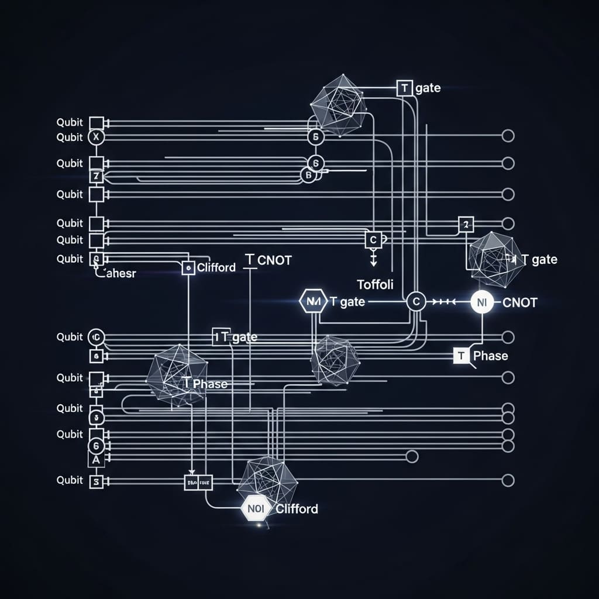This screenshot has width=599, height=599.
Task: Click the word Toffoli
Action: click(x=375, y=284)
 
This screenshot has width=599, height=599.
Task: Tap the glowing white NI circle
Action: click(x=482, y=302)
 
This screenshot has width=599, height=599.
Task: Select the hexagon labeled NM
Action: click(x=310, y=302)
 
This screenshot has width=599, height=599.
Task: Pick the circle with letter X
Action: click(x=96, y=137)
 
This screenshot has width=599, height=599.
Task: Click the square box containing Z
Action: click(x=96, y=176)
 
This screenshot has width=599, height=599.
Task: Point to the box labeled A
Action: click(x=96, y=460)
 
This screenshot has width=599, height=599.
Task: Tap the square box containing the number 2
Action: click(x=466, y=223)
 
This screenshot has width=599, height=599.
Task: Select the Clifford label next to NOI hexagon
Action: click(x=297, y=509)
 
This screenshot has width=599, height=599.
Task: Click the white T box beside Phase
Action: click(x=462, y=356)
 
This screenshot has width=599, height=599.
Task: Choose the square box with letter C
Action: click(x=373, y=239)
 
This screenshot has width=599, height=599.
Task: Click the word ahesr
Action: click(x=117, y=273)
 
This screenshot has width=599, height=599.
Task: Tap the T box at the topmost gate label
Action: click(x=404, y=88)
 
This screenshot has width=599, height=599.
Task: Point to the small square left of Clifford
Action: click(x=188, y=268)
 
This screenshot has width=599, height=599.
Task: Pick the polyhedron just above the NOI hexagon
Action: click(x=268, y=481)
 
